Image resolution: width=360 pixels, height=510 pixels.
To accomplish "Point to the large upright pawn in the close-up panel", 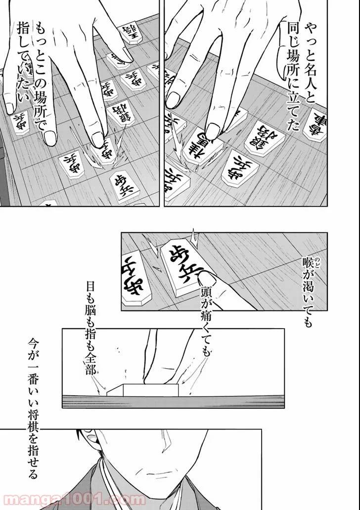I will pyautogui.click(x=181, y=261).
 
